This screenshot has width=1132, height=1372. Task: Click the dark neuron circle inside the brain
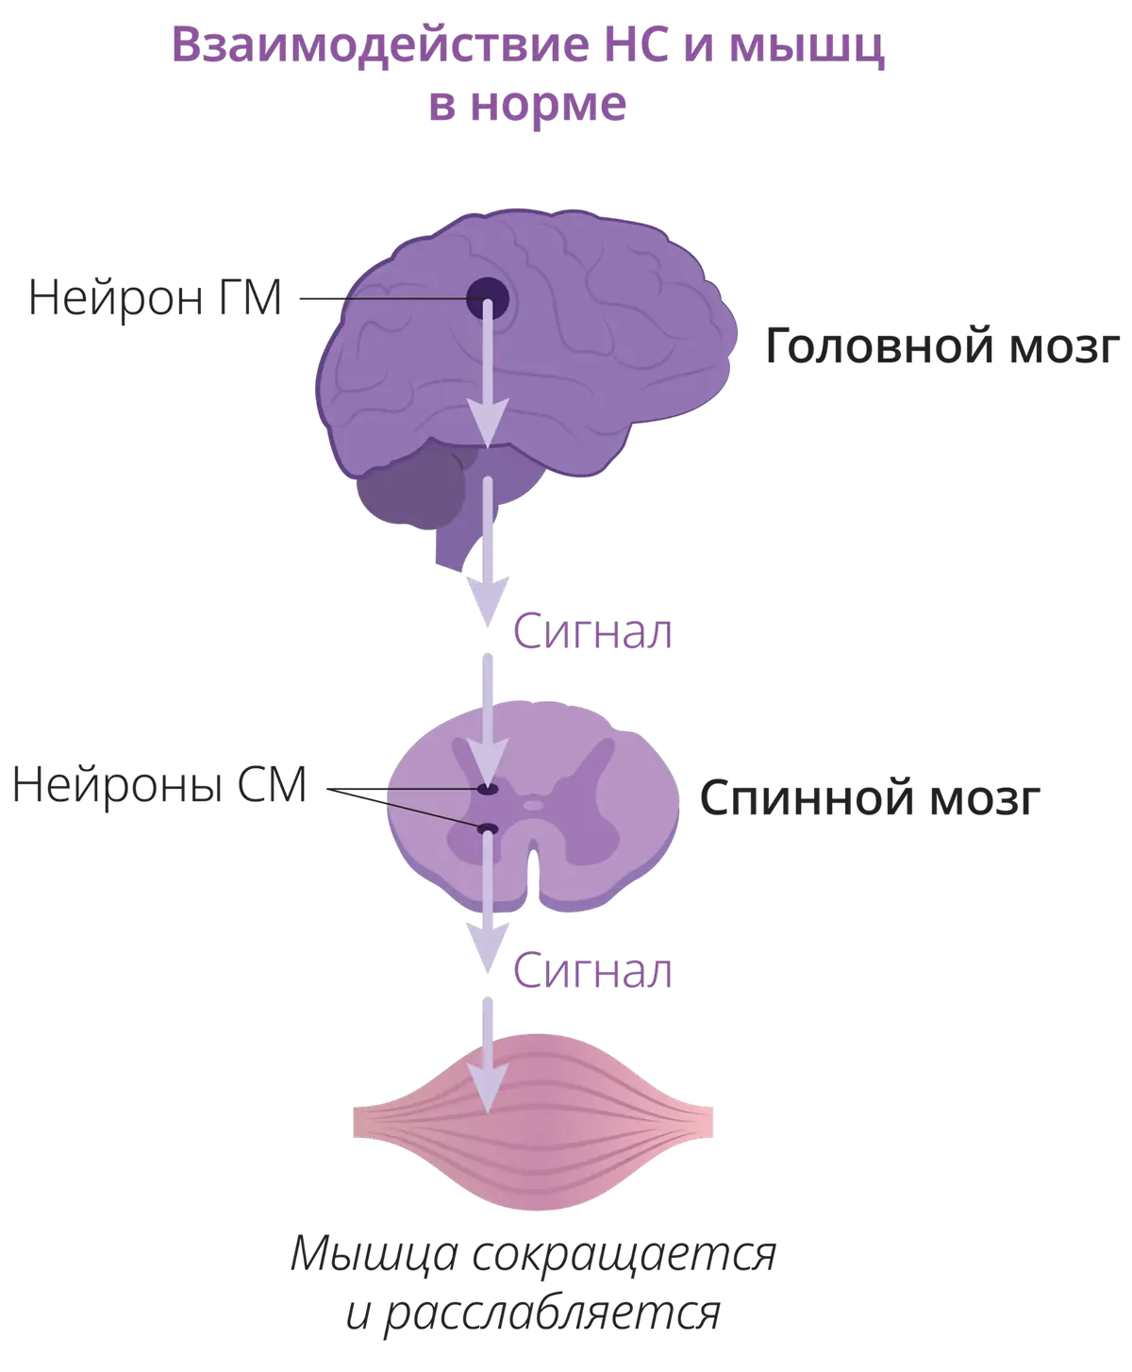488,300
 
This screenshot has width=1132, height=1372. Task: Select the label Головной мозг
940,350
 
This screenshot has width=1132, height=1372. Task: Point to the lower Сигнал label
594,972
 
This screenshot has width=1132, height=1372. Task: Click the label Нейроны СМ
159,787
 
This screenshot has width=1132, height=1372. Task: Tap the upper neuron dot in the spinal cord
488,789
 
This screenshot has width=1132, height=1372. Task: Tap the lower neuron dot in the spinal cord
488,828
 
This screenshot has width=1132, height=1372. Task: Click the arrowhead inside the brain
488,425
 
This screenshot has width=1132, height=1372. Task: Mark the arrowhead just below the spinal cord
488,949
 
